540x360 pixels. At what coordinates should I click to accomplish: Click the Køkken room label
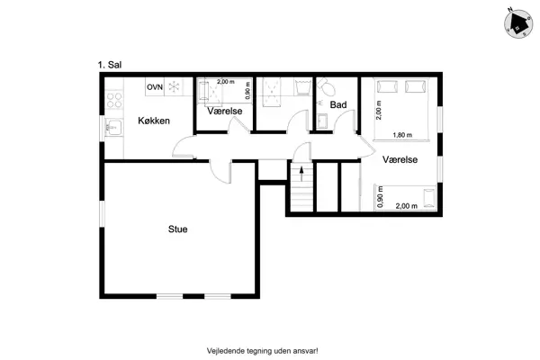click(154, 121)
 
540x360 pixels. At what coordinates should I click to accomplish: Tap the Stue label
click(177, 229)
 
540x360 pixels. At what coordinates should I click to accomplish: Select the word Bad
click(338, 104)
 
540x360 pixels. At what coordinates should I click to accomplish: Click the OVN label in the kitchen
click(155, 87)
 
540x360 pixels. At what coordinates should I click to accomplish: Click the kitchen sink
click(113, 128)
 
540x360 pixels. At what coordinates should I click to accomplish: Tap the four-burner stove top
click(114, 100)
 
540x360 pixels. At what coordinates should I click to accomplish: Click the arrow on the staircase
click(301, 174)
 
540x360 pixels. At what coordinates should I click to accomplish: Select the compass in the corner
click(518, 24)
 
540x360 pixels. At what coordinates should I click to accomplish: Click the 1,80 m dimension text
click(402, 135)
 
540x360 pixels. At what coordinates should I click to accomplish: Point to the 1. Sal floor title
click(110, 65)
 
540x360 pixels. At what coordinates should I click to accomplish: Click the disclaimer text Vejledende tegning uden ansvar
click(263, 351)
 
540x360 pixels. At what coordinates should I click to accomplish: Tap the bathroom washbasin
click(322, 121)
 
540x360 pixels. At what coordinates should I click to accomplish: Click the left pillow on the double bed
click(387, 86)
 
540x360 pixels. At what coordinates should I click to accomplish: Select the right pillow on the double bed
click(415, 86)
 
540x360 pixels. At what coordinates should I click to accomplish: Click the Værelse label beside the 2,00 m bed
click(224, 111)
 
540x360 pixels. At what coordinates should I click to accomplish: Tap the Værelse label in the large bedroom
click(400, 159)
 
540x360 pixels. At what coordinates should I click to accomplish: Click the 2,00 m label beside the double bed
click(379, 110)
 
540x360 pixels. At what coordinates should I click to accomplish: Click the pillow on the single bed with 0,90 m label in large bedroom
click(429, 198)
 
